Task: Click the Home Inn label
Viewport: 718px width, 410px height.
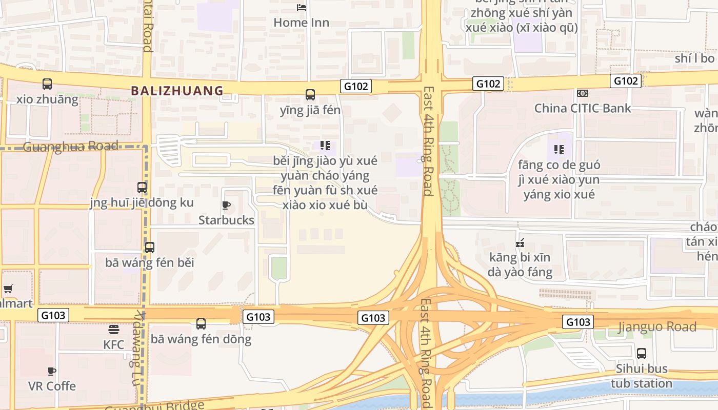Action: (301, 23)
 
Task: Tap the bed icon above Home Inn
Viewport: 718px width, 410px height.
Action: (302, 7)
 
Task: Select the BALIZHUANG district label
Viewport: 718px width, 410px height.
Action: (177, 91)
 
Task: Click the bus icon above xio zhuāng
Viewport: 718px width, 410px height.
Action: (47, 84)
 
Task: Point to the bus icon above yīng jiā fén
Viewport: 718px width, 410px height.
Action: (310, 94)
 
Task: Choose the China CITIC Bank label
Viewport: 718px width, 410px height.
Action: (583, 108)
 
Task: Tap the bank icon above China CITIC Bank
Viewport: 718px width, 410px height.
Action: (582, 93)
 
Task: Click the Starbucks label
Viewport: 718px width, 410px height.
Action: (226, 220)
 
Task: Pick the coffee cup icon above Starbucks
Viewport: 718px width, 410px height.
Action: (226, 205)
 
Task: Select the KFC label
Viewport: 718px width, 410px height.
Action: (114, 344)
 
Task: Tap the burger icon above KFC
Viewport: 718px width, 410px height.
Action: (114, 329)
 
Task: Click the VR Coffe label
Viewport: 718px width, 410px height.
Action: (52, 386)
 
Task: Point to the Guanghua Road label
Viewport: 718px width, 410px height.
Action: (71, 147)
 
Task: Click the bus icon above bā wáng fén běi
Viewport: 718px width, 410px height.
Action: (150, 248)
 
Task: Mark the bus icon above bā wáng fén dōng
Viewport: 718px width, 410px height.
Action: (201, 324)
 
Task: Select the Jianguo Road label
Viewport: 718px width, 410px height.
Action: (657, 326)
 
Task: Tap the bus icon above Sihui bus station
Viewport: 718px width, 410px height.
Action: (642, 353)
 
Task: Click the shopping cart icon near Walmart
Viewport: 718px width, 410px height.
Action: (8, 289)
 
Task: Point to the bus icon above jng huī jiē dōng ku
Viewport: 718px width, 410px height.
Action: (142, 188)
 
